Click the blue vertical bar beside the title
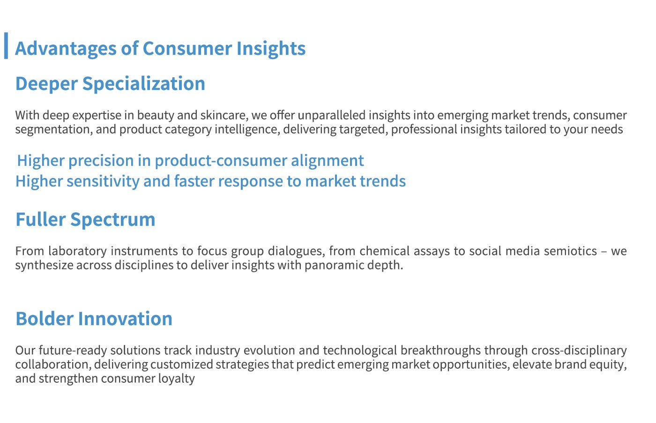[6, 45]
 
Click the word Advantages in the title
[66, 49]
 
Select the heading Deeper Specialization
[110, 84]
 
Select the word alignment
[327, 161]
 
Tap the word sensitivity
[103, 181]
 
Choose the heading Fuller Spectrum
[85, 220]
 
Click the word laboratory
[78, 251]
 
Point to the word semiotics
[571, 251]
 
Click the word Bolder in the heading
[45, 319]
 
